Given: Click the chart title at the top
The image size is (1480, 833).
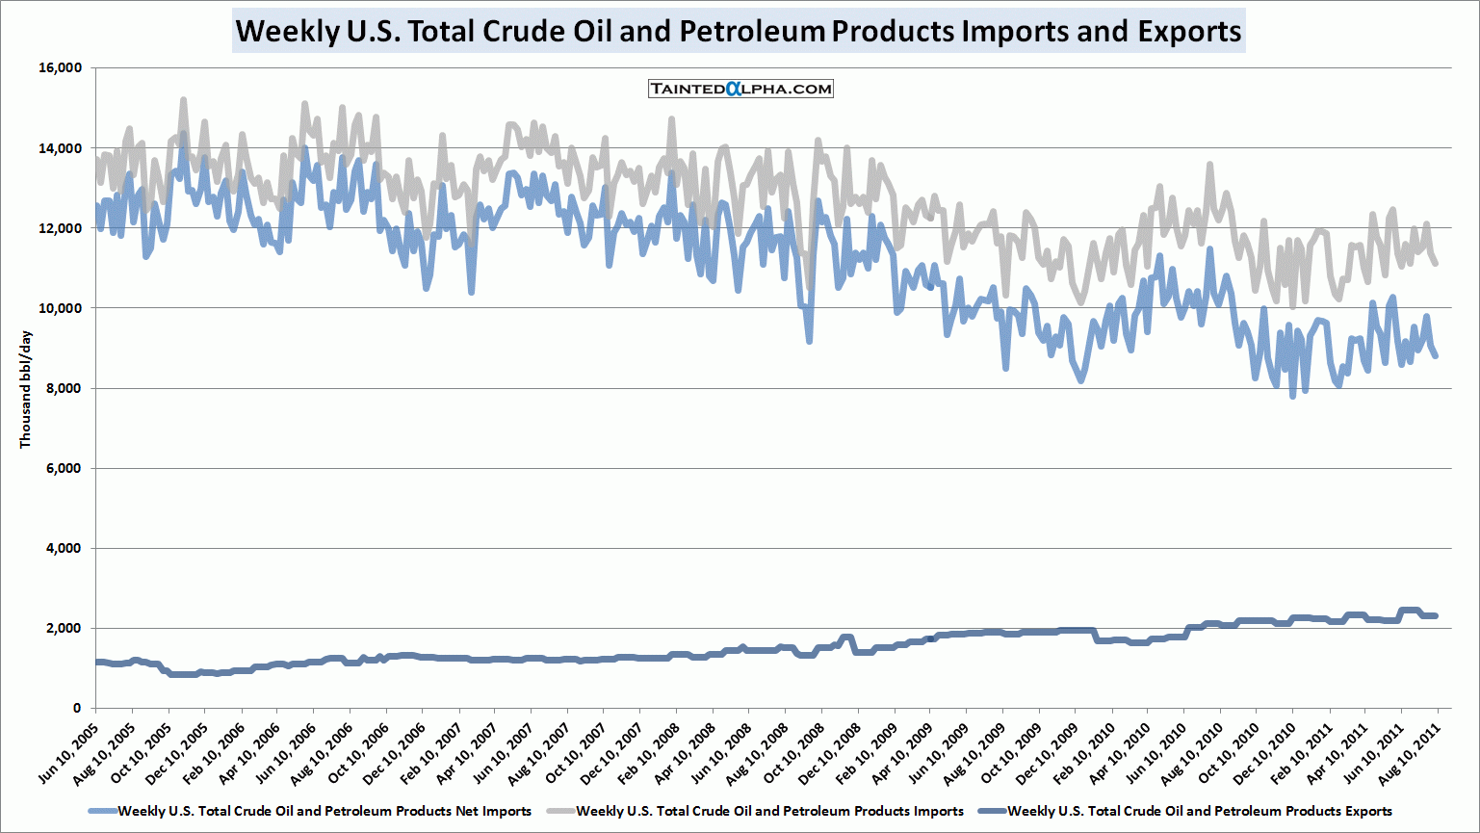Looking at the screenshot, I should point(739,31).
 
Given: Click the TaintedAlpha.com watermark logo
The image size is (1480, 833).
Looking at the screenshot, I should point(740,89).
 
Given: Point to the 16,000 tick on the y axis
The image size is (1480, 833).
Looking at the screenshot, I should point(60,68).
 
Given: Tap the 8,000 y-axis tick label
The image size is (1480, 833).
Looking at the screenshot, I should point(64,388).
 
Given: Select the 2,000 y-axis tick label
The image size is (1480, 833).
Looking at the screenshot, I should point(64,628).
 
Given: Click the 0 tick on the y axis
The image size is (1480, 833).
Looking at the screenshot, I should point(76,708).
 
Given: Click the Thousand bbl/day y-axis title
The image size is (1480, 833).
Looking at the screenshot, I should point(26,389).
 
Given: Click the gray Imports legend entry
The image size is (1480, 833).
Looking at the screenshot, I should point(768,811).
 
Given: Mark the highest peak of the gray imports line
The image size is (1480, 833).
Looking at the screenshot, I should point(183,99).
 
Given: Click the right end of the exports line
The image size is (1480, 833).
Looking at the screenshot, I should point(1436,616).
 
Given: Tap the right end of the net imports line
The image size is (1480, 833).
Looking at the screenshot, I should point(1436,356).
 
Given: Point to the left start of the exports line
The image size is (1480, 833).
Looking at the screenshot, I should point(97,662).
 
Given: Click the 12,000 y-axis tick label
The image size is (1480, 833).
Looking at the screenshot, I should point(60,228).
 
